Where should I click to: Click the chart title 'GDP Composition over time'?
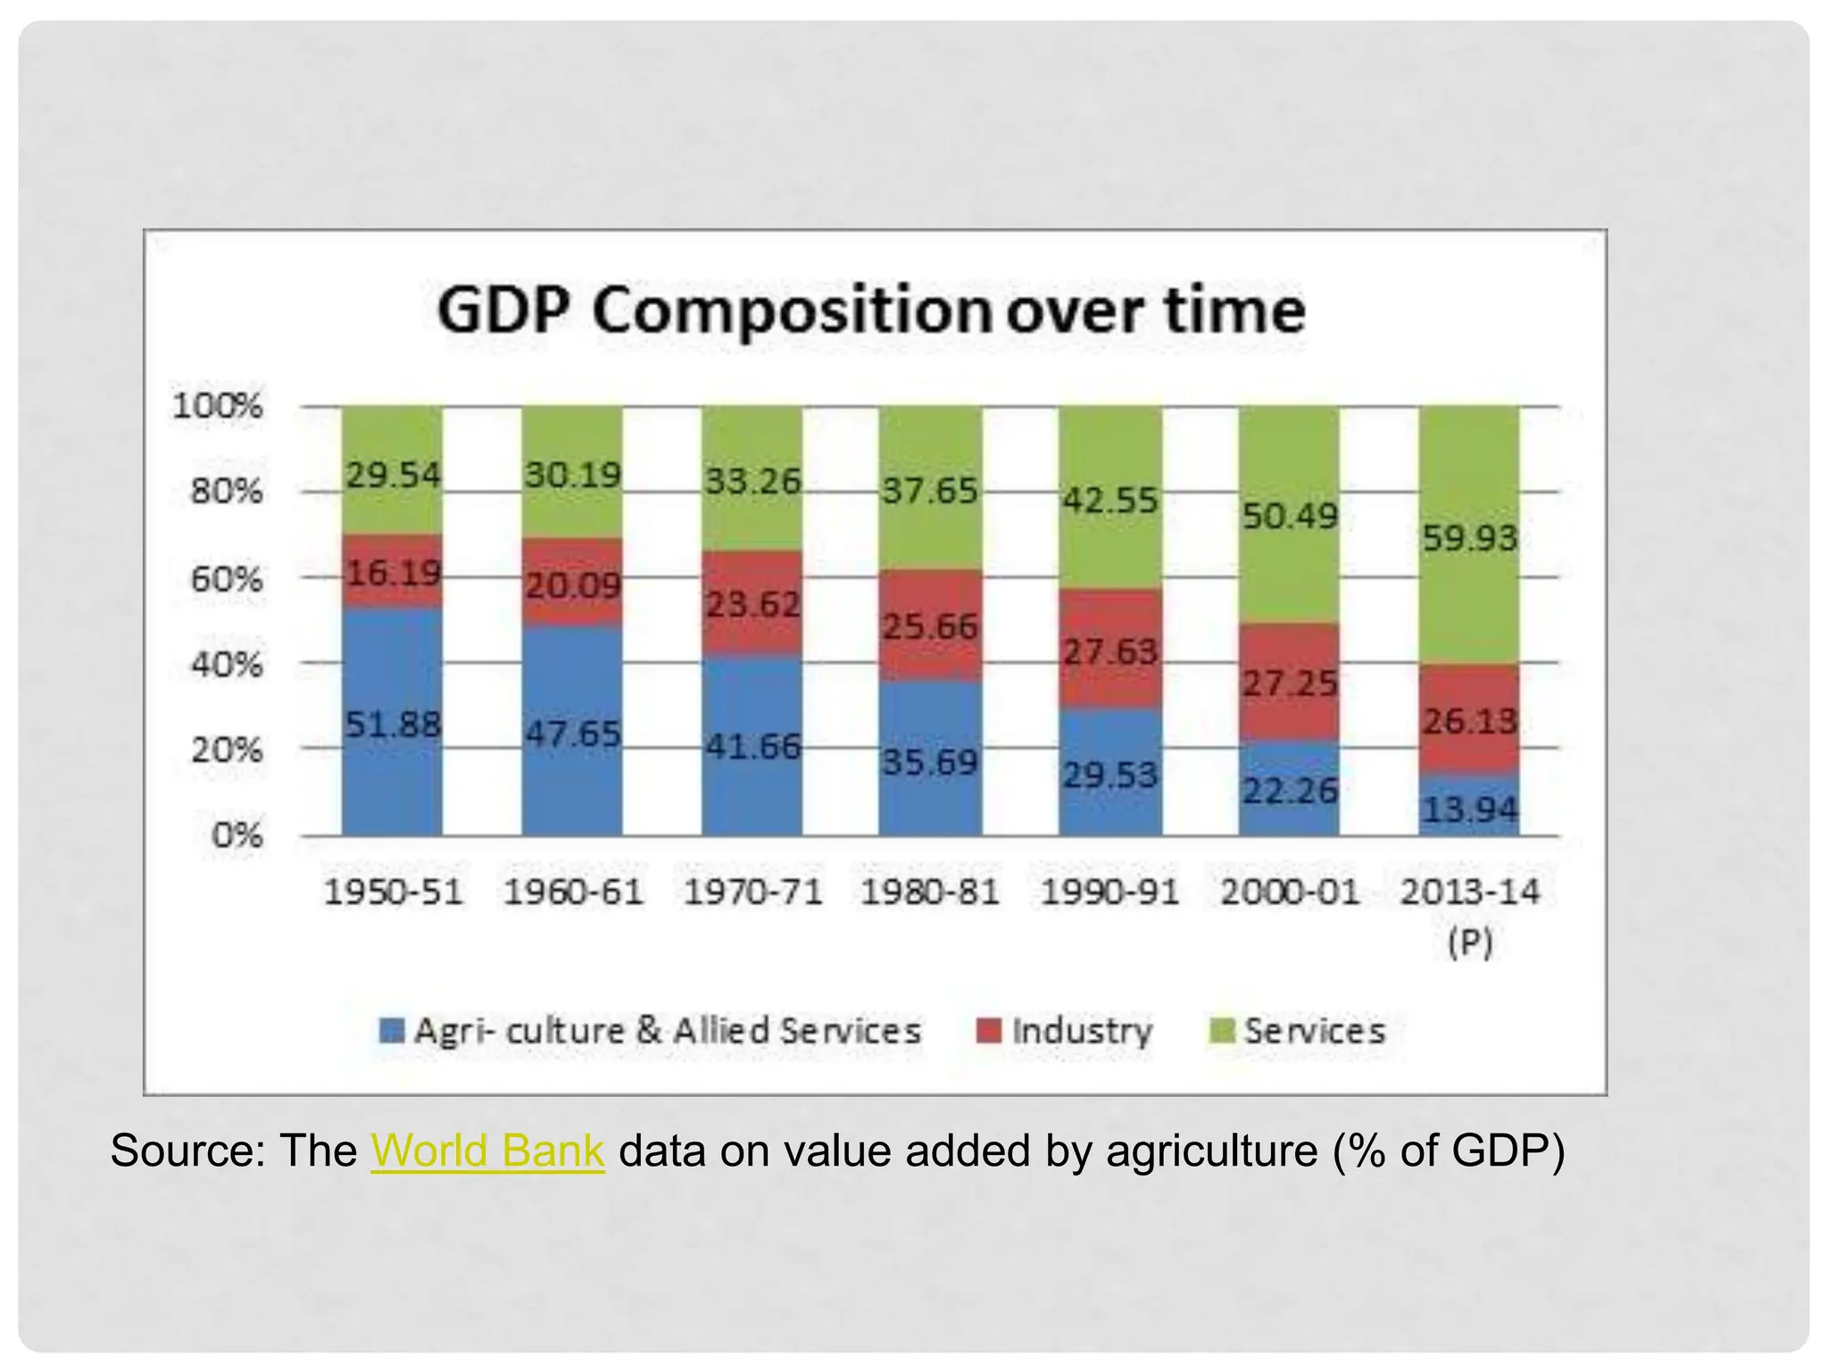click(870, 311)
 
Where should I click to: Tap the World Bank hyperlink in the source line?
click(487, 1151)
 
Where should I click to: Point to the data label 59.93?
click(1469, 538)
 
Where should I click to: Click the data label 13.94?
click(1469, 810)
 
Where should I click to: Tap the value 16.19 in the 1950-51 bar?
click(393, 572)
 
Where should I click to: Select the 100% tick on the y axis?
click(218, 406)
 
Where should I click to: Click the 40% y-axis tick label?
click(227, 665)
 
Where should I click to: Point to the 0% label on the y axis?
click(237, 836)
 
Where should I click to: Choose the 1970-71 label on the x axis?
click(752, 892)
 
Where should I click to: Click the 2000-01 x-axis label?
click(1290, 892)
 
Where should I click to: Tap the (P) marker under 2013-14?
click(1469, 943)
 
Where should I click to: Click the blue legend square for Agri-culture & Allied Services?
click(391, 1031)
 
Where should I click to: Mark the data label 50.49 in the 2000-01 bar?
click(1290, 515)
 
